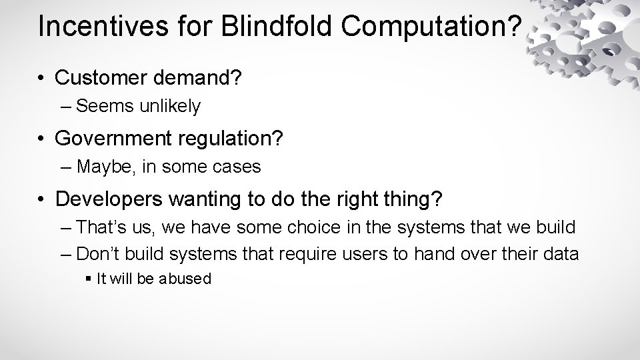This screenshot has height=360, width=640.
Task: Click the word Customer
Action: pos(101,79)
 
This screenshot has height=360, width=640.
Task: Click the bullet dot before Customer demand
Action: pos(41,79)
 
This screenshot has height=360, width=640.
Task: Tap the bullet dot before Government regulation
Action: pos(41,139)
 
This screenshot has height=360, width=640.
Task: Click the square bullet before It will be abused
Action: pos(90,279)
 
